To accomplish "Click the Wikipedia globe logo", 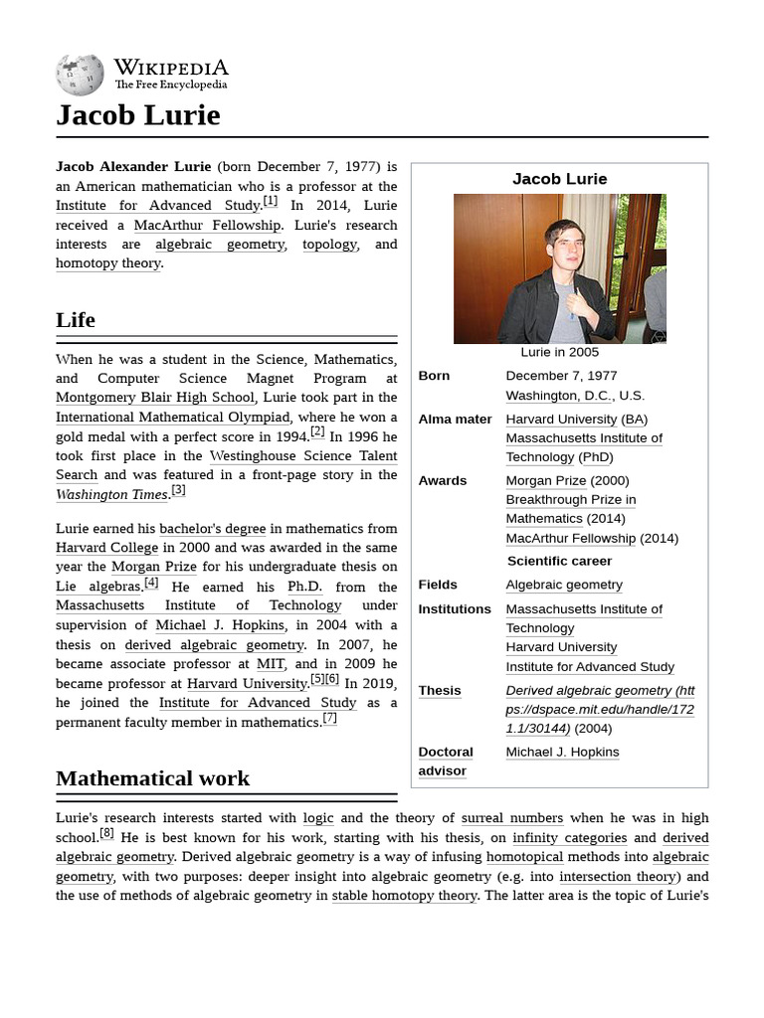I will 80,75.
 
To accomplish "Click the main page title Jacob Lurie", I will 137,115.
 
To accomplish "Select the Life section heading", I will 76,320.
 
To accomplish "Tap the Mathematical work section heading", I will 152,778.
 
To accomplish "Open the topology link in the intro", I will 329,244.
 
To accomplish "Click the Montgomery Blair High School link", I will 154,398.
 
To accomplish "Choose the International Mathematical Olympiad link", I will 172,417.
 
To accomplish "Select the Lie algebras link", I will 98,587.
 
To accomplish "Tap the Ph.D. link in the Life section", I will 304,587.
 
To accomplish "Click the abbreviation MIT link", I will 271,664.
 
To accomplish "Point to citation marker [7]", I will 329,719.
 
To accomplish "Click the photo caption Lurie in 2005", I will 559,352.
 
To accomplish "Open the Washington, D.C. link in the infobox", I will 559,395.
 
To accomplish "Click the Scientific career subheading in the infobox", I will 559,561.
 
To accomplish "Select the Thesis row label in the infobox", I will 440,690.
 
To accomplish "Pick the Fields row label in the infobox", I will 438,585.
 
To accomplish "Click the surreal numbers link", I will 511,818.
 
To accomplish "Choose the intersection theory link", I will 617,876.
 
